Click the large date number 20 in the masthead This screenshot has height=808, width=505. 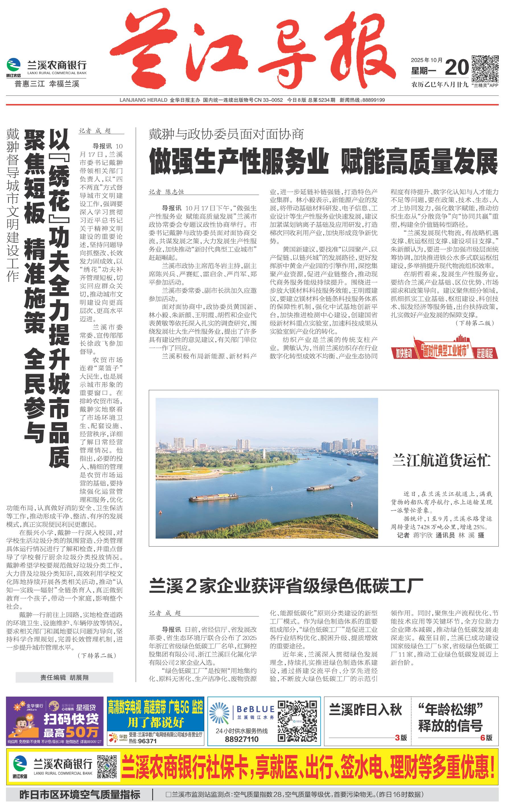(x=457, y=68)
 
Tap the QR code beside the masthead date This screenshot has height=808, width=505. (x=485, y=69)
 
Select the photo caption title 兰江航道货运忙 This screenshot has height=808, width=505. (x=441, y=460)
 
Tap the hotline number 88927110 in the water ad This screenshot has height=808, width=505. (x=242, y=739)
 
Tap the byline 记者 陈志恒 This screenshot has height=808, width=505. (x=166, y=192)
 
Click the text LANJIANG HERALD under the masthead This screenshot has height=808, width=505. (x=144, y=100)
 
